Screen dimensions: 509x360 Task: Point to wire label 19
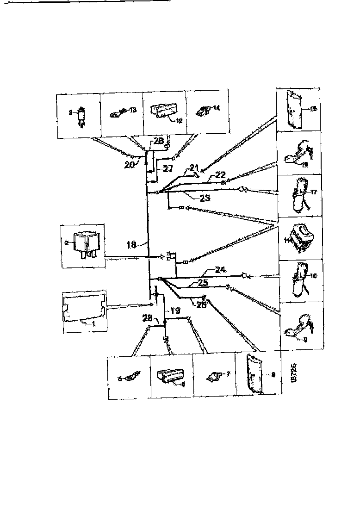click(x=175, y=311)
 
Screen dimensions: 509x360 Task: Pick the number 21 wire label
click(x=193, y=168)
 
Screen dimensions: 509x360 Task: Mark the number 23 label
click(x=205, y=198)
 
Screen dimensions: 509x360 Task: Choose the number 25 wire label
click(x=201, y=281)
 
